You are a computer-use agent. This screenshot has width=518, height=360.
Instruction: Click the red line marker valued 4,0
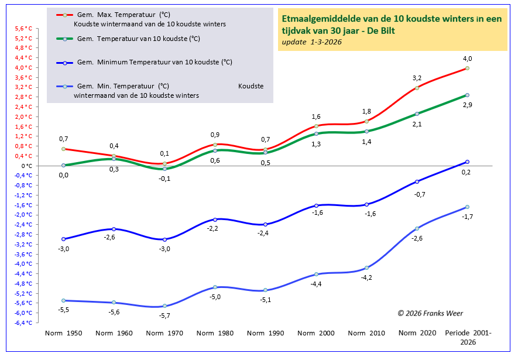(x=467, y=68)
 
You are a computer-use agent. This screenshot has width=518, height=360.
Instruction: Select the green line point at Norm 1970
(x=164, y=169)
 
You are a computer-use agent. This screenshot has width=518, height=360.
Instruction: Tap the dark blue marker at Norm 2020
(x=417, y=181)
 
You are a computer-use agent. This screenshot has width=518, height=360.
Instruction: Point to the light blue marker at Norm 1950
(x=63, y=300)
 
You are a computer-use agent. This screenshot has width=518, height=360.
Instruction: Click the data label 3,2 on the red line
(x=417, y=77)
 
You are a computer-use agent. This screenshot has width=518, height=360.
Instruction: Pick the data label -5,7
(x=164, y=316)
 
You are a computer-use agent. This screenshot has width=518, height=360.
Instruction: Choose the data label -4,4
(x=316, y=284)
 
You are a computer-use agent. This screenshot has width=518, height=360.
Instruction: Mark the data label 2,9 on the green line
(x=467, y=104)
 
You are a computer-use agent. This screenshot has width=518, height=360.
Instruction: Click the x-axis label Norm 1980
(x=215, y=333)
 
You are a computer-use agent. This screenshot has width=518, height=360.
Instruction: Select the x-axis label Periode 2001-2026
(x=468, y=337)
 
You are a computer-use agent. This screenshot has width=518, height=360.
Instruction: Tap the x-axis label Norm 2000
(x=316, y=333)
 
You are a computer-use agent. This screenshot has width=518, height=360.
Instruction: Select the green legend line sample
(x=64, y=39)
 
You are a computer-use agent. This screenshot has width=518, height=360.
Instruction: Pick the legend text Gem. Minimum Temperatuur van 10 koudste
(x=158, y=62)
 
